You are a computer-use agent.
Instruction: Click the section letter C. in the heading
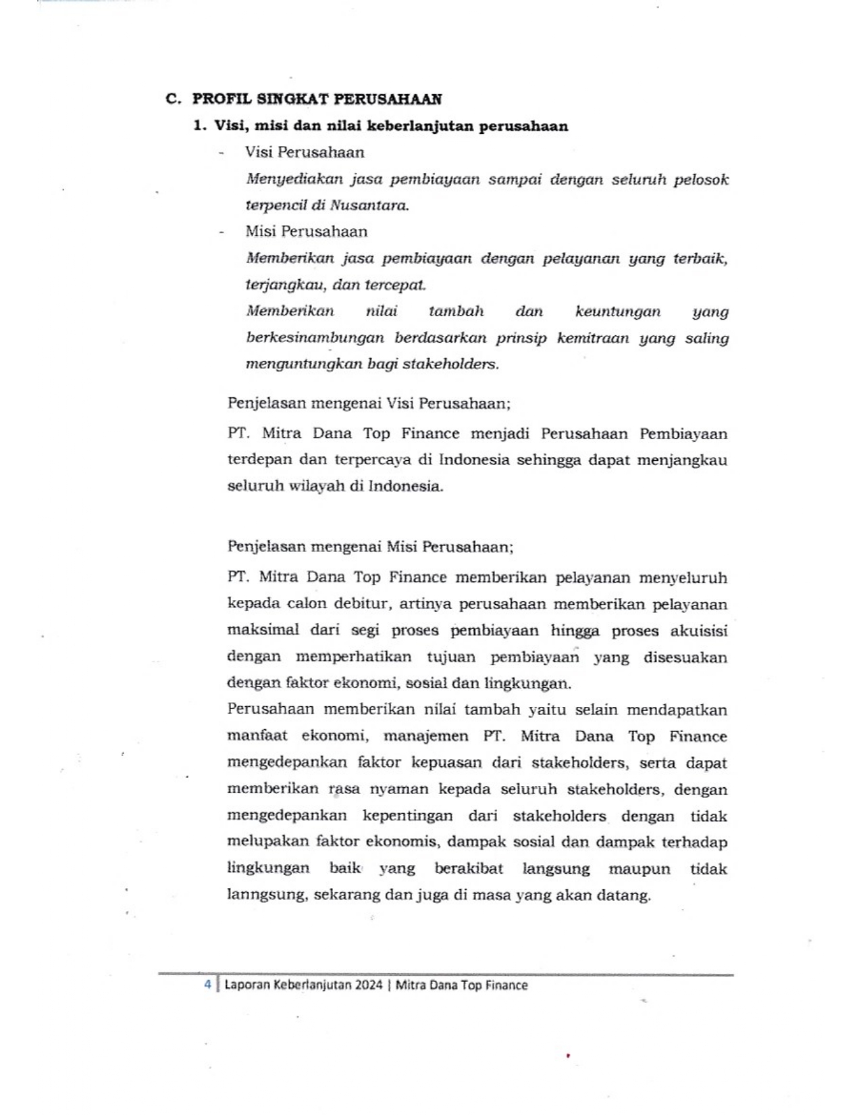tap(173, 99)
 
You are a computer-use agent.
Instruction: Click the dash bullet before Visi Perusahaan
tap(221, 153)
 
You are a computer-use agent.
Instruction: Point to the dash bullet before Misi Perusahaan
tap(221, 232)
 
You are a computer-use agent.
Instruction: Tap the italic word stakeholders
tap(450, 364)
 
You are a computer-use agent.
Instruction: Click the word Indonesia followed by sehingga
tap(474, 460)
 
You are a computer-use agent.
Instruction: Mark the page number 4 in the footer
tap(208, 985)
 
